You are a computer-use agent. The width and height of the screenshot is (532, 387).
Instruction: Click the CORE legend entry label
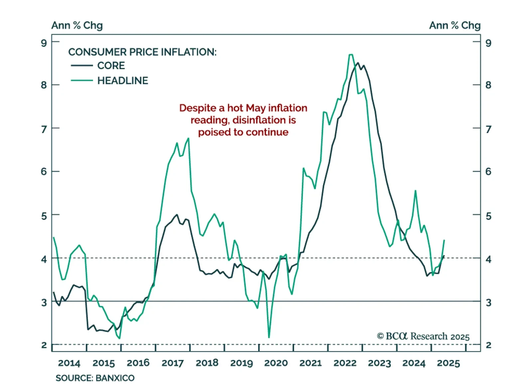click(x=111, y=66)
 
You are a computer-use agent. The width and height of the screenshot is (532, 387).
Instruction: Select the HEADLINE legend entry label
click(x=123, y=81)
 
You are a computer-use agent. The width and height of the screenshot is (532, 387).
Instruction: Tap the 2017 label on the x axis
click(x=173, y=363)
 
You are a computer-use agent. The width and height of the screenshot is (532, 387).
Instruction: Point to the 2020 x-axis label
click(x=276, y=363)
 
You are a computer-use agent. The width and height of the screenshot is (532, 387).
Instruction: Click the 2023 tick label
click(x=379, y=363)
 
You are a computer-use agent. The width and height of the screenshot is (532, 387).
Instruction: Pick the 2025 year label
click(x=448, y=363)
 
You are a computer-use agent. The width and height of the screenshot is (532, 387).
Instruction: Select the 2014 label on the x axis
click(x=69, y=363)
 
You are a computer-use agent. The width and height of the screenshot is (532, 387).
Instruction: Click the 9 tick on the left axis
click(x=44, y=43)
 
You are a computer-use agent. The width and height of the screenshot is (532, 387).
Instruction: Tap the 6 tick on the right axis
click(x=488, y=172)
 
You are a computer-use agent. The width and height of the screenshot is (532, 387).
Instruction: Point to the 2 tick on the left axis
click(x=44, y=345)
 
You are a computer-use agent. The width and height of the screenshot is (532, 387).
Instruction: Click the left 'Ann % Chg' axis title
click(x=77, y=25)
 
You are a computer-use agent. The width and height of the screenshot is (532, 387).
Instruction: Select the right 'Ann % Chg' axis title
click(x=455, y=25)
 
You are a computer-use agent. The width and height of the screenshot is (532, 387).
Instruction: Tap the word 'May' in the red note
click(x=256, y=108)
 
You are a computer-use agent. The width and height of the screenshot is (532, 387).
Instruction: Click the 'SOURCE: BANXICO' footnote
click(x=95, y=378)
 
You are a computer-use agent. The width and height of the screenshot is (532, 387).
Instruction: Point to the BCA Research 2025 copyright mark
click(x=423, y=336)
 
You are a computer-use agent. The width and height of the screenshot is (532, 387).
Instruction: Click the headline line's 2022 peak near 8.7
click(x=351, y=55)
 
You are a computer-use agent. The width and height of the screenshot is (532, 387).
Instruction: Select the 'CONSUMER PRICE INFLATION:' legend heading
click(x=142, y=52)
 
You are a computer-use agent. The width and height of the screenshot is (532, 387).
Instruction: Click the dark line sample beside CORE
click(x=82, y=66)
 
